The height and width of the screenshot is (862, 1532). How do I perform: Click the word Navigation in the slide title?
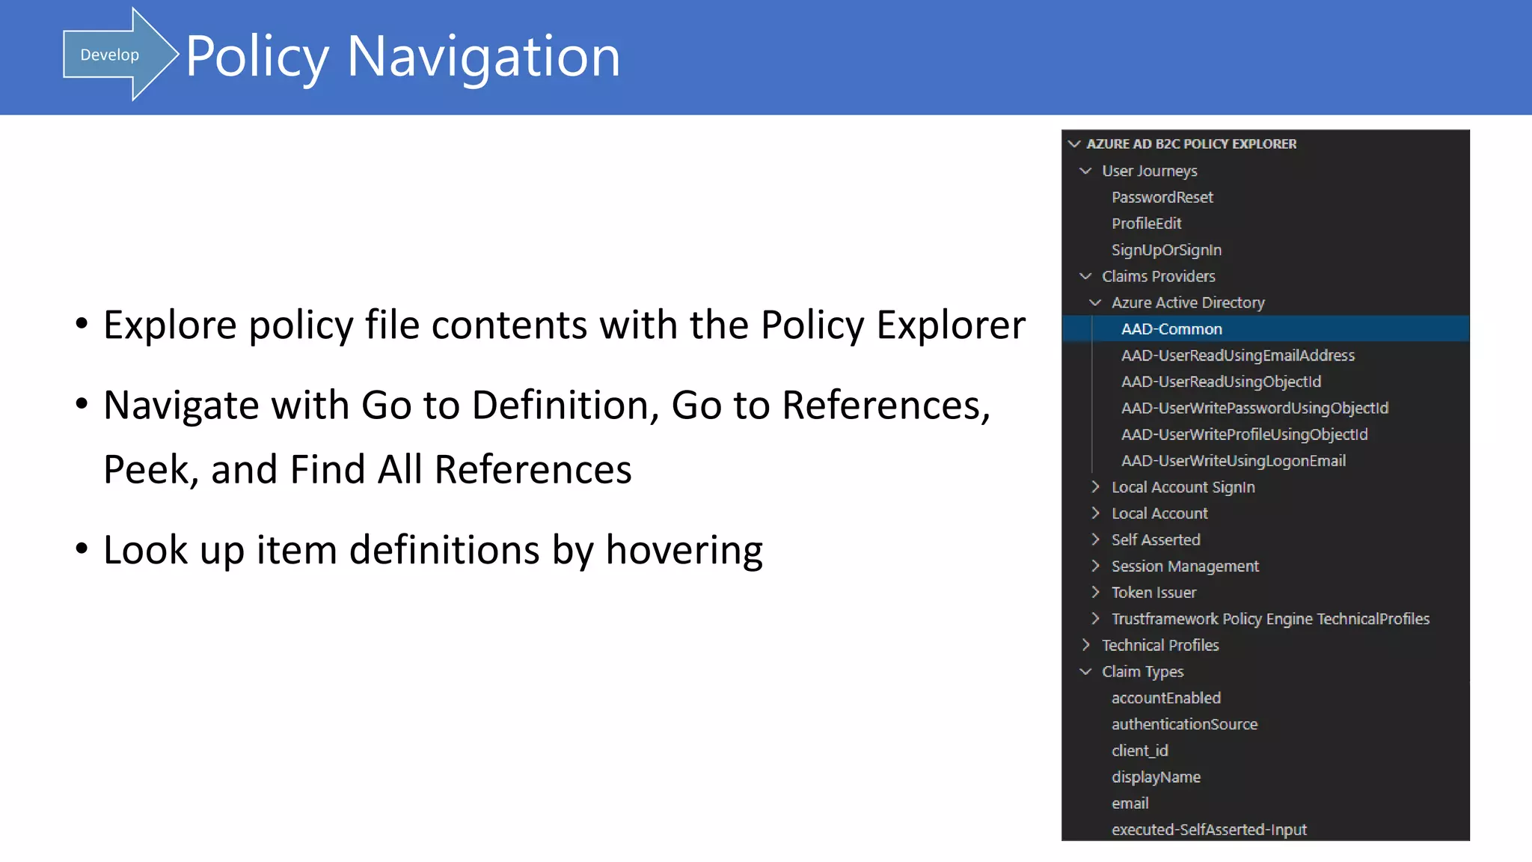tap(483, 57)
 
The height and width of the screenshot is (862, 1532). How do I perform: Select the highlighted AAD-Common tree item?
tap(1171, 329)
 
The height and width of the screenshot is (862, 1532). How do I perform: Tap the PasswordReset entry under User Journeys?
tap(1162, 198)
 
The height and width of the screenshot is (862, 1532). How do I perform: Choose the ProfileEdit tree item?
tap(1146, 224)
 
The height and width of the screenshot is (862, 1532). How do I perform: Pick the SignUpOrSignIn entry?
tap(1165, 250)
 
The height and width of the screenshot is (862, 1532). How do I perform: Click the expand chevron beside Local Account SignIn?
tap(1095, 487)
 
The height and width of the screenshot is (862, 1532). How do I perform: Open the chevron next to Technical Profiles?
tap(1085, 645)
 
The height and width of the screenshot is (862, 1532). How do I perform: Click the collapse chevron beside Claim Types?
tap(1085, 672)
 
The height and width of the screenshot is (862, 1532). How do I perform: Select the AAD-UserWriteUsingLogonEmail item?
tap(1233, 461)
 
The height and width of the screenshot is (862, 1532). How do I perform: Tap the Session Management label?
tap(1185, 566)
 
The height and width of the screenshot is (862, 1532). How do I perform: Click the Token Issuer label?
tap(1153, 593)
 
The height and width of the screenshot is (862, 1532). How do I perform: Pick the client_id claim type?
tap(1139, 751)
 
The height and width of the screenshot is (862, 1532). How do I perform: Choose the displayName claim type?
tap(1156, 777)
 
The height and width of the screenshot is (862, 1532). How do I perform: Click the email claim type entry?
tap(1130, 804)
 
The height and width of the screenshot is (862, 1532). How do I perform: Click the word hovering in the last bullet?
tap(684, 551)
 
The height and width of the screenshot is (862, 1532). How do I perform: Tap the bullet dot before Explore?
tap(82, 325)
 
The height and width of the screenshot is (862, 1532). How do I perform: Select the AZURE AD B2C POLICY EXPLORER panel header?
tap(1191, 144)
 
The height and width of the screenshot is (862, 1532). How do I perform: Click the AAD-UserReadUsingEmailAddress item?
tap(1237, 355)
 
